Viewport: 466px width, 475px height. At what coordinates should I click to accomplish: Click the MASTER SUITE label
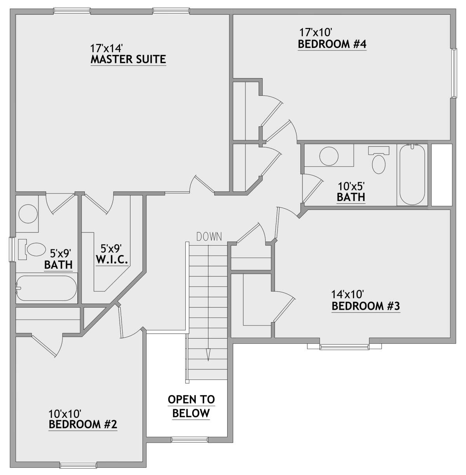point(128,59)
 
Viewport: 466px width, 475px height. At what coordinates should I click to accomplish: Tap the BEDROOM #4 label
point(332,44)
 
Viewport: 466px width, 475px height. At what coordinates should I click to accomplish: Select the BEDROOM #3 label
point(365,306)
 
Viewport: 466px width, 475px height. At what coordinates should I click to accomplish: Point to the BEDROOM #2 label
point(83,424)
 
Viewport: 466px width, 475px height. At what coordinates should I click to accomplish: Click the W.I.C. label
point(111,260)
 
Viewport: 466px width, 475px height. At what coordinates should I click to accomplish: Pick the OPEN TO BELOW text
point(191,406)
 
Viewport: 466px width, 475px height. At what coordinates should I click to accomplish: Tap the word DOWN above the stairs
point(209,237)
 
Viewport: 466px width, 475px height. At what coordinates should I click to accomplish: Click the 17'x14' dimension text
point(106,48)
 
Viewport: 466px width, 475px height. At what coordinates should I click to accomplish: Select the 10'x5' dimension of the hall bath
point(351,187)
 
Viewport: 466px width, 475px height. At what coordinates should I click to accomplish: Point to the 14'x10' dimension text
point(348,294)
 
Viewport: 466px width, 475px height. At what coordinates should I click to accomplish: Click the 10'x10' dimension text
point(65,413)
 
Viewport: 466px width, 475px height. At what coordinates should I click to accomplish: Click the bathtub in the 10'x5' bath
point(412,174)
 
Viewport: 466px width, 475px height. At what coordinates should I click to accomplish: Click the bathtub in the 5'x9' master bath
point(46,288)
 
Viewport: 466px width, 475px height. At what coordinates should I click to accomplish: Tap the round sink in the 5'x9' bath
point(28,214)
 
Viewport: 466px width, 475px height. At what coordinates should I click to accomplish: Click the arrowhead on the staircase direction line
point(209,355)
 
